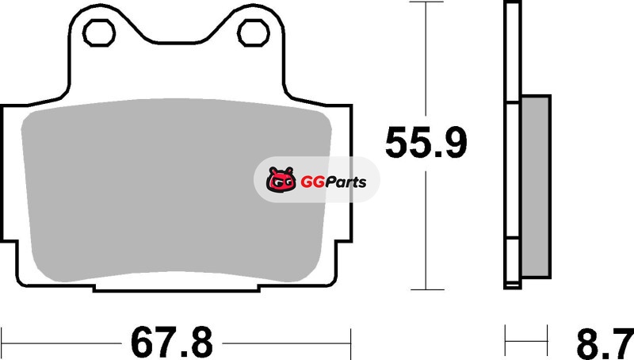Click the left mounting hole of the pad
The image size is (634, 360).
(98, 33)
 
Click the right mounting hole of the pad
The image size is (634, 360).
(254, 33)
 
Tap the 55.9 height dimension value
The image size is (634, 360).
(426, 143)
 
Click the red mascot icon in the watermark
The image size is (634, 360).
(281, 179)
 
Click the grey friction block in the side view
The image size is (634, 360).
(537, 186)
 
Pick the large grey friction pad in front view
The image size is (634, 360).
(176, 190)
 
